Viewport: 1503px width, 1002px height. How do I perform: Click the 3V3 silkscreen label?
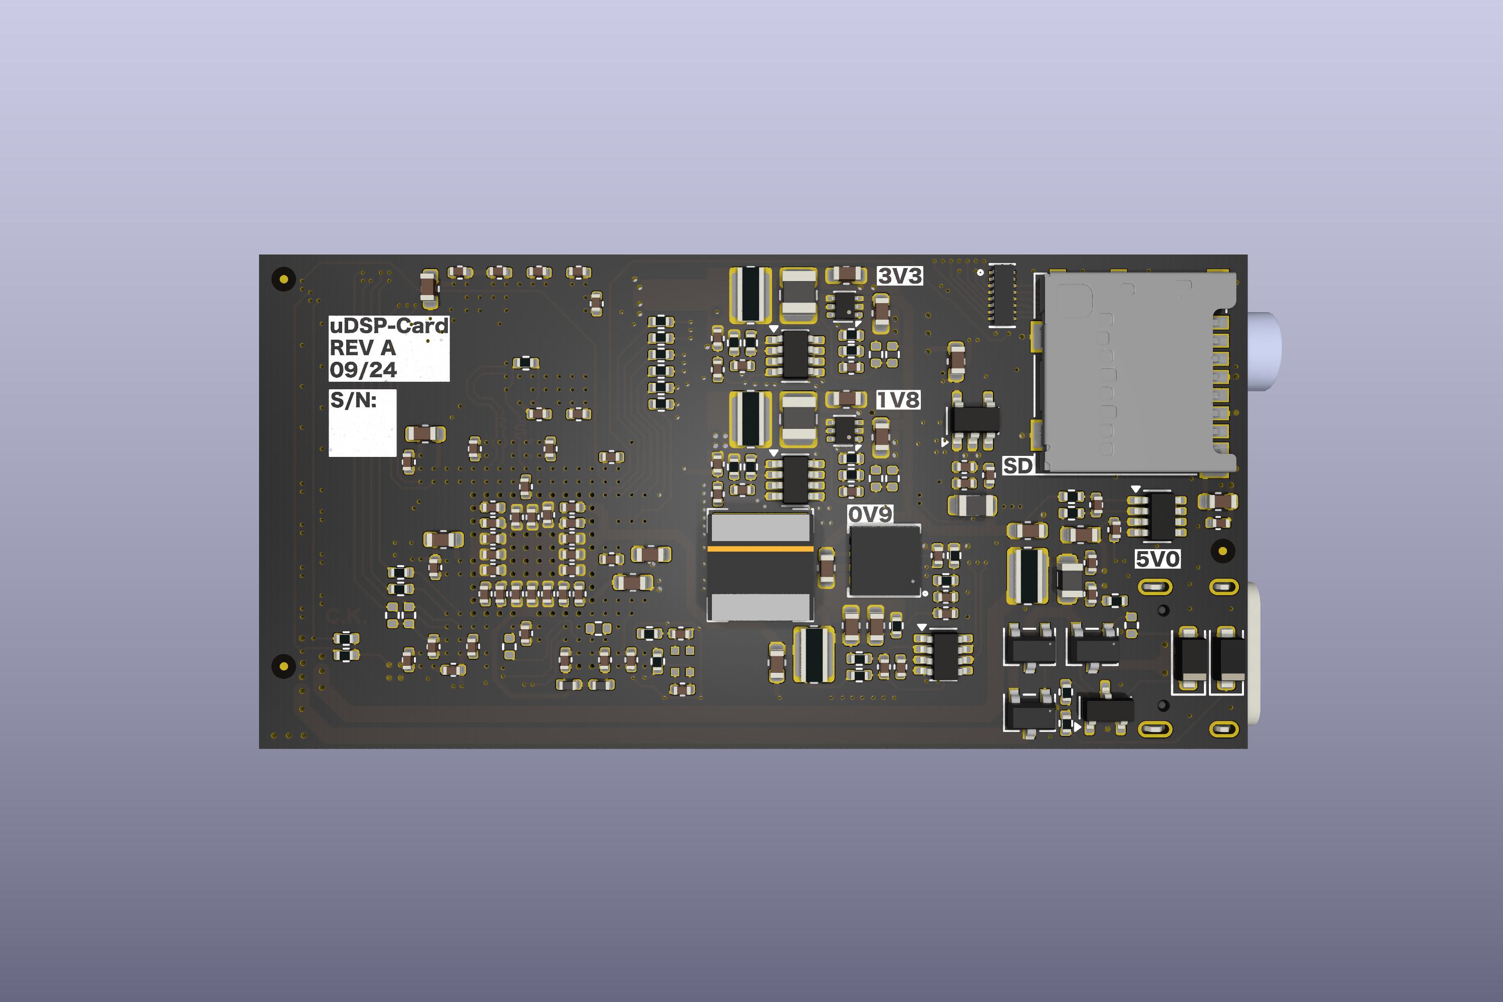[900, 276]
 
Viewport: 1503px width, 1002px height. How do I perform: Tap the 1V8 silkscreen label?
[898, 400]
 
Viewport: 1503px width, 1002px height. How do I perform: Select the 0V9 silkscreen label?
[870, 515]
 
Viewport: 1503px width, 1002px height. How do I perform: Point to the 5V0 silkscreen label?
[1157, 559]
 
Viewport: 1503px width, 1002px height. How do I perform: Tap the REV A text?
[362, 348]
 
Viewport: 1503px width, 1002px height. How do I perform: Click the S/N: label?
[353, 401]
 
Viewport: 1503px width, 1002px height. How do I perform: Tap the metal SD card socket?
[1131, 374]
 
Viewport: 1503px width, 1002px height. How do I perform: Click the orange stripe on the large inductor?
[760, 548]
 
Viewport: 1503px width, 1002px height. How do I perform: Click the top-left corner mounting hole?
[284, 279]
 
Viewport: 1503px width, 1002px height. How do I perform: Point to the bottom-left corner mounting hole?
[284, 666]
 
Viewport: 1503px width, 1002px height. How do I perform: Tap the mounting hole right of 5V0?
[1222, 551]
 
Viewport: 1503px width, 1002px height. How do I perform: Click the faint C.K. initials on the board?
[346, 617]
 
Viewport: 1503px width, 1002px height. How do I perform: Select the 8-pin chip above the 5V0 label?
[1157, 515]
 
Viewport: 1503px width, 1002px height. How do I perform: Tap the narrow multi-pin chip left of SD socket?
[1002, 295]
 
